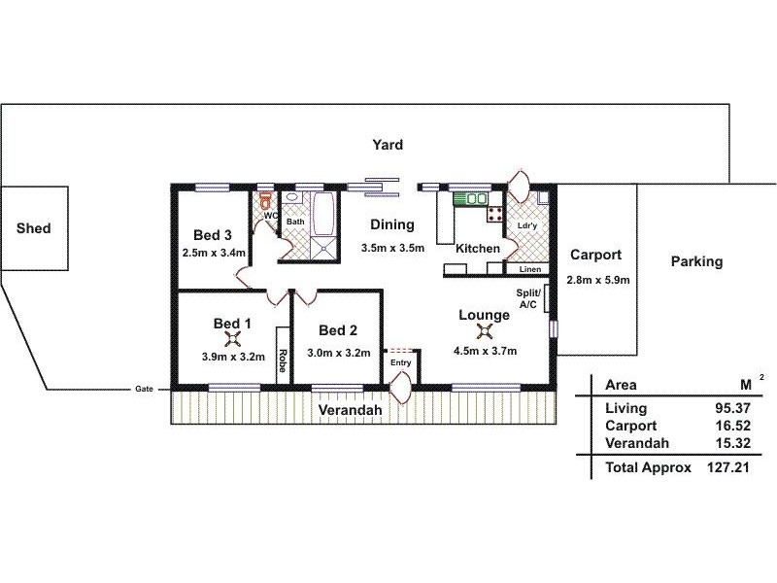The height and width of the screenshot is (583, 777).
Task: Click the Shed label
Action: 33,229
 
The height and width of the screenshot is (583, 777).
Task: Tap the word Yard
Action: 388,145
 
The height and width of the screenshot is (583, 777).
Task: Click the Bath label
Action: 294,222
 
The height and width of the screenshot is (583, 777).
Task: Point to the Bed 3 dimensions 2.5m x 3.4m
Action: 213,253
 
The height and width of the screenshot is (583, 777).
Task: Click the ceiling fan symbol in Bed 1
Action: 233,338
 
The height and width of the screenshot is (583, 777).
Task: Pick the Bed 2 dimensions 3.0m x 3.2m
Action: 339,353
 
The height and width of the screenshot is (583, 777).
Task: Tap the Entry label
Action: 401,363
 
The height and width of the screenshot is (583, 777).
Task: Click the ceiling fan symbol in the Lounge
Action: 485,338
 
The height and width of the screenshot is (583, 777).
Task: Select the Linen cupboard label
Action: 529,269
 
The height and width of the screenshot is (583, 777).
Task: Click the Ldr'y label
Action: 527,225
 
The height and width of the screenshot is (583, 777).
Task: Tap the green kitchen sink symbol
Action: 475,199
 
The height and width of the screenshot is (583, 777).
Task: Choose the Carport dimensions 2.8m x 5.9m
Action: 598,280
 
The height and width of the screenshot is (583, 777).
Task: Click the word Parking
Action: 696,261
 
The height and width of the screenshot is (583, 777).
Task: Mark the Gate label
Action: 144,391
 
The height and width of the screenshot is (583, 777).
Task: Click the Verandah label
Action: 350,411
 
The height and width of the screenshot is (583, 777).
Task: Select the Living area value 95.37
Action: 734,409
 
